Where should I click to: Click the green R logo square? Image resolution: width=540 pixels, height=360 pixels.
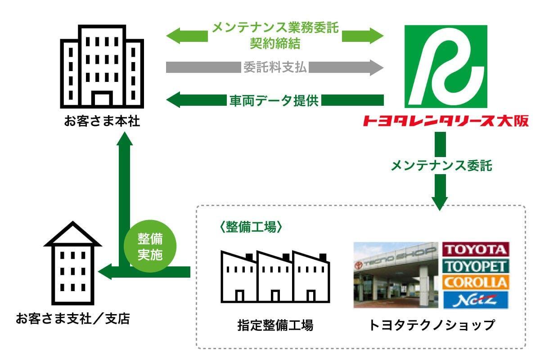tap(446, 67)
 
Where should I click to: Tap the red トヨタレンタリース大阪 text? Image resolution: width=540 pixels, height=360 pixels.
tap(446, 121)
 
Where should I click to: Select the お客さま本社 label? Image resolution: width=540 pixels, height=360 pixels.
tap(102, 121)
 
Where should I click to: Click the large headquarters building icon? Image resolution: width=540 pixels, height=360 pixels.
tap(102, 67)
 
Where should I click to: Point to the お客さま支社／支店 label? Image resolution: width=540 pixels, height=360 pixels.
tap(73, 319)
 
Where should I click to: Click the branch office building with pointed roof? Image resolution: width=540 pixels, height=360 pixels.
tap(73, 263)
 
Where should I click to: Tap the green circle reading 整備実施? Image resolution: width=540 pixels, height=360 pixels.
tap(150, 246)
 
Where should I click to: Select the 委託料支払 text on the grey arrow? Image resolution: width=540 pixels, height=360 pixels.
tap(275, 67)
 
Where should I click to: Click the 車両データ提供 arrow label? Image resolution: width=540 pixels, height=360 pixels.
tap(274, 100)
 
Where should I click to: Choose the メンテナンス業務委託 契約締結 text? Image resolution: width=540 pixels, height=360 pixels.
tap(275, 36)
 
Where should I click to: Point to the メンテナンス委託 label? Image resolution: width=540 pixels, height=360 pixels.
tap(441, 166)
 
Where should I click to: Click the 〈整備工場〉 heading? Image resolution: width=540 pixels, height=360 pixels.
tap(251, 227)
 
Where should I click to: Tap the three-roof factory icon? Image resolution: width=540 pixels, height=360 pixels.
tap(275, 277)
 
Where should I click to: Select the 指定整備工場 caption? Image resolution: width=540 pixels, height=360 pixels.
tap(275, 325)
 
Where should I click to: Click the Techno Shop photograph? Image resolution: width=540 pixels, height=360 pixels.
tap(396, 275)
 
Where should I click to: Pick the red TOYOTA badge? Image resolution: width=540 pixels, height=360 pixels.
tap(476, 249)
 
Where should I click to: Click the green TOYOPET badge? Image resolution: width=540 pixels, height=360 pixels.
tap(476, 266)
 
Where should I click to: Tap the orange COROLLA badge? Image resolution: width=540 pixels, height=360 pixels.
tap(476, 283)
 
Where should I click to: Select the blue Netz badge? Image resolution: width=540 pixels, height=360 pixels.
tap(476, 300)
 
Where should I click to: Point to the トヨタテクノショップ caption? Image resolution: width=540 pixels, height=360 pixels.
tap(432, 325)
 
